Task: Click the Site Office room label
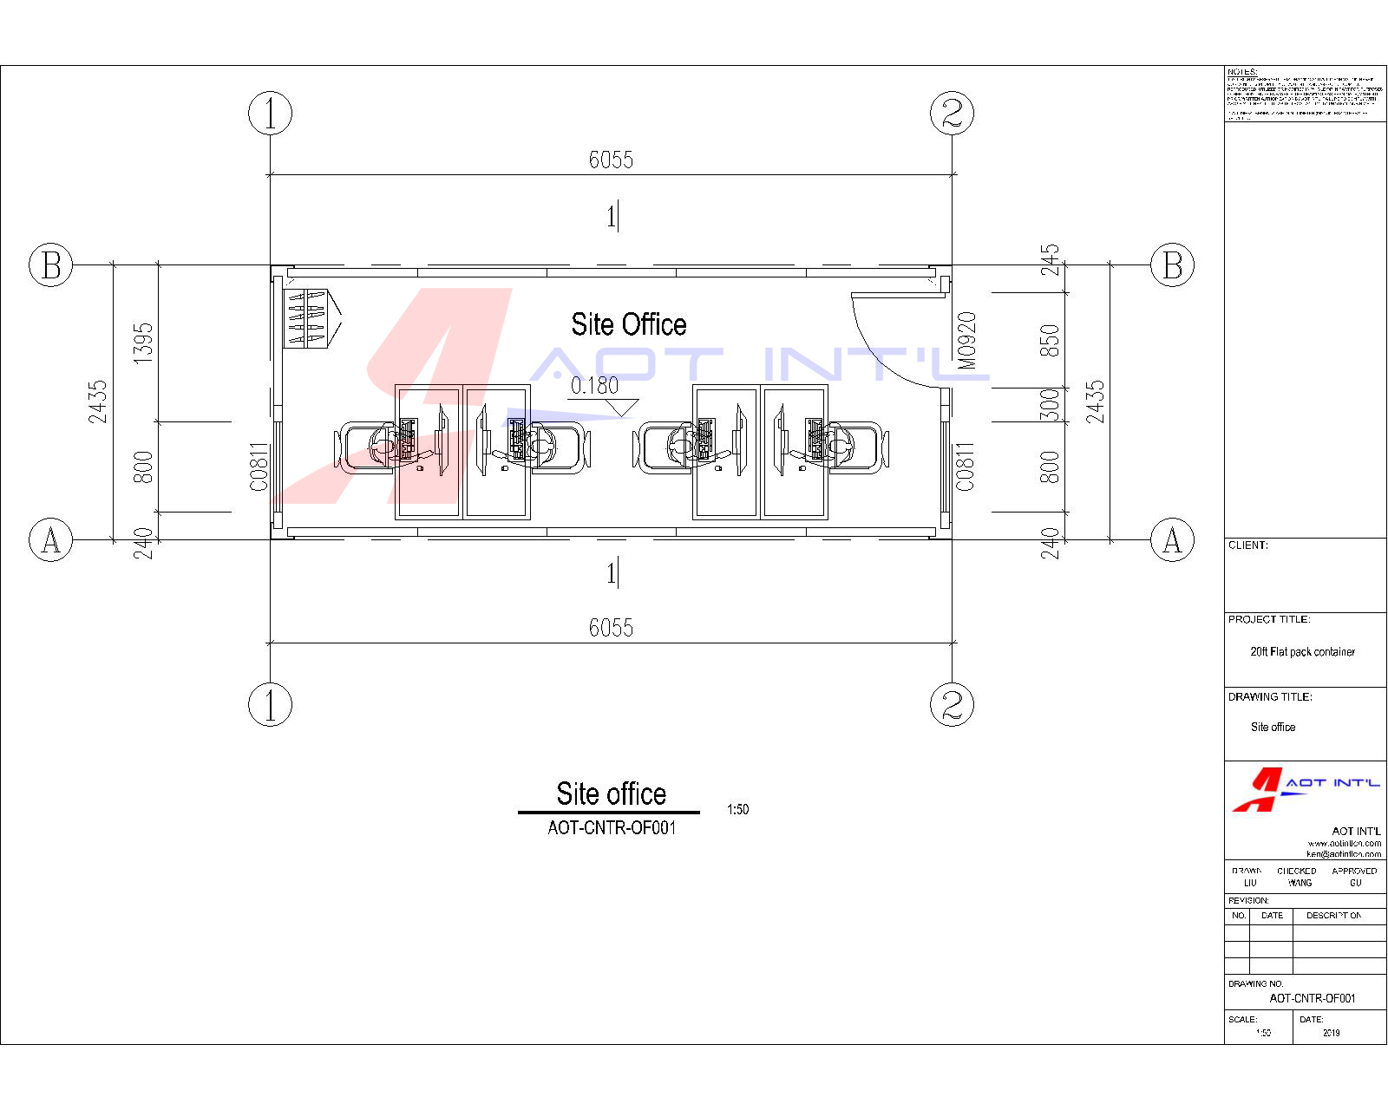(628, 324)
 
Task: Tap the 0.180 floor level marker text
(594, 386)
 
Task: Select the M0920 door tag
(968, 341)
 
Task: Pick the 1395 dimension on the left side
(144, 342)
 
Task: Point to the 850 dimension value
(1050, 341)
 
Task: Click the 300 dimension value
(1050, 405)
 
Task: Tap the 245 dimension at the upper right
(1050, 260)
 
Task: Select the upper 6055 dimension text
(611, 160)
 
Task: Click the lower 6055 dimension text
(611, 628)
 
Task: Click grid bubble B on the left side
(51, 265)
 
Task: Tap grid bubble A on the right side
(1172, 540)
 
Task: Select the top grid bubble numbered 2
(952, 114)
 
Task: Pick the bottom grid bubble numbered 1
(270, 704)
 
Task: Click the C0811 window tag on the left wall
(259, 467)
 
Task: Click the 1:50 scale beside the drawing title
(737, 810)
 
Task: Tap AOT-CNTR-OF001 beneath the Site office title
(611, 828)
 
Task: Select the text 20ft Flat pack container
(1302, 652)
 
